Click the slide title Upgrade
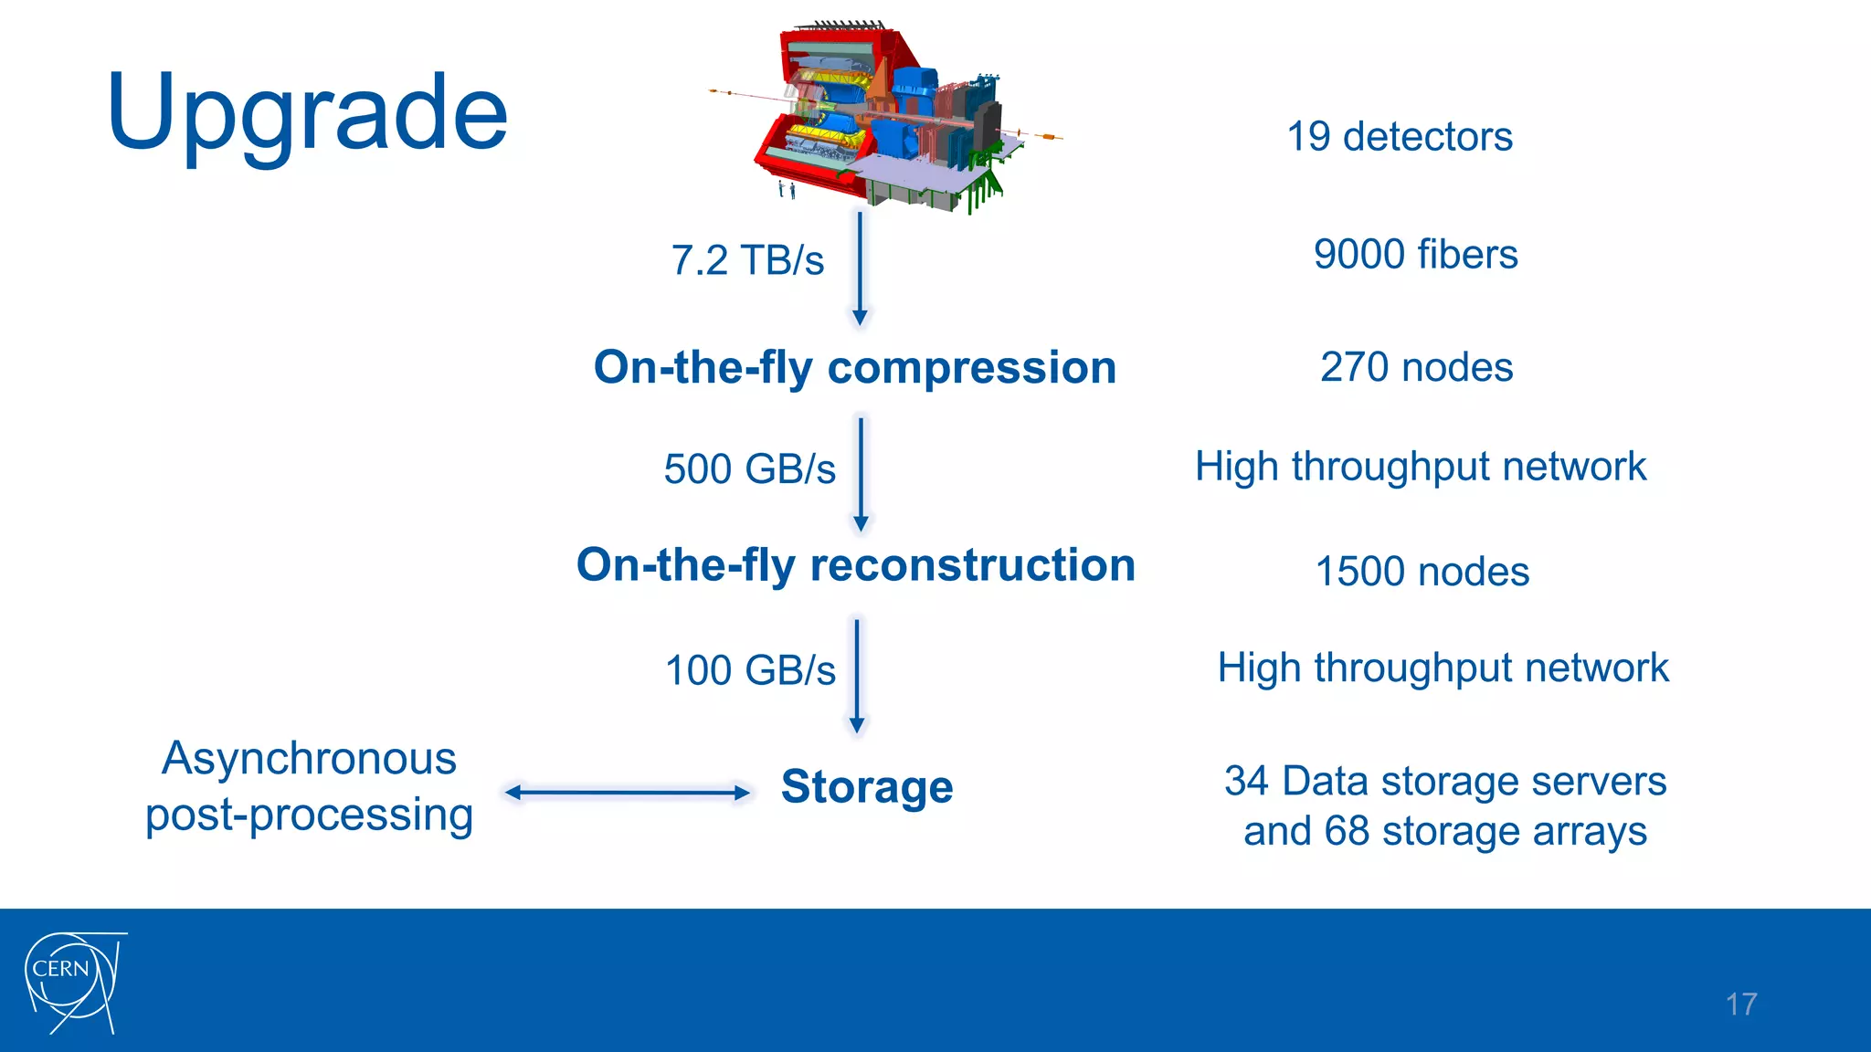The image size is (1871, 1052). point(307,114)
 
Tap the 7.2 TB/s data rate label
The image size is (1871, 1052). point(747,260)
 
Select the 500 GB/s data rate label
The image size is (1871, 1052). point(749,469)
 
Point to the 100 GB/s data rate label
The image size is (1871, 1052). point(750,670)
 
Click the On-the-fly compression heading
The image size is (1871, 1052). point(855,368)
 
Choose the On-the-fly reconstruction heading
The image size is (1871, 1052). point(856,564)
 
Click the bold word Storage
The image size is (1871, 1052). point(867,786)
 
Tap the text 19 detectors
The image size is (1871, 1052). point(1400,137)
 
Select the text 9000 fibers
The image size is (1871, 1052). point(1415,254)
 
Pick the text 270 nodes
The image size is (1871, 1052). point(1416,367)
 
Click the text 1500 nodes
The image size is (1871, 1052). point(1422,572)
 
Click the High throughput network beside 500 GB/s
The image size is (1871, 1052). point(1421,467)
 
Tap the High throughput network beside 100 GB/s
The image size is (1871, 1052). point(1443,668)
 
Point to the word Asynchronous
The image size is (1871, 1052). point(309,759)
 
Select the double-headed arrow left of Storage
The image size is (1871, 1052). point(628,792)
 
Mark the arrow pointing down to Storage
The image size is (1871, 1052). point(857,676)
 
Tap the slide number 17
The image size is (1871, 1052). point(1741,1005)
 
